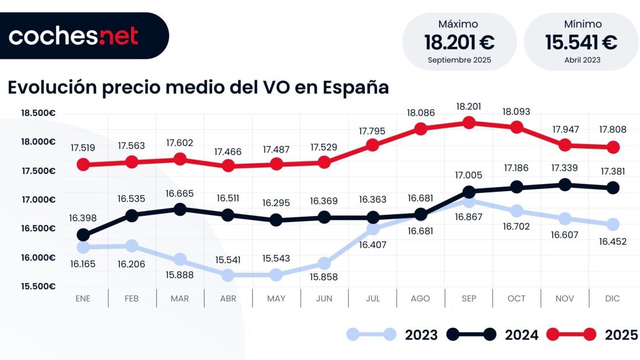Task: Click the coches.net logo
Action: click(74, 36)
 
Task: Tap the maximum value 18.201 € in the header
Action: click(459, 42)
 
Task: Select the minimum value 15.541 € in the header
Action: click(581, 42)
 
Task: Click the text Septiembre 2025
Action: click(459, 60)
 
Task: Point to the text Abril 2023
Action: click(581, 60)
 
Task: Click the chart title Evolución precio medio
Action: click(198, 87)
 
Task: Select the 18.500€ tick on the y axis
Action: click(38, 113)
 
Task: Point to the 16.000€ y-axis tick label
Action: click(38, 258)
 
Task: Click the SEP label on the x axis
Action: click(469, 299)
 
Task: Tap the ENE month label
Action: click(83, 299)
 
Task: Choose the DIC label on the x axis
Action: click(613, 299)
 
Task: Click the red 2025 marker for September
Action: click(469, 122)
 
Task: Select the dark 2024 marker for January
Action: click(83, 235)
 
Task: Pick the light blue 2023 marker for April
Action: click(228, 275)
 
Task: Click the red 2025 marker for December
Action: click(613, 148)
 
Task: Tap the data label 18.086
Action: click(421, 113)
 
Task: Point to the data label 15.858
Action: click(325, 277)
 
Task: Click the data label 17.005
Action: click(469, 175)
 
